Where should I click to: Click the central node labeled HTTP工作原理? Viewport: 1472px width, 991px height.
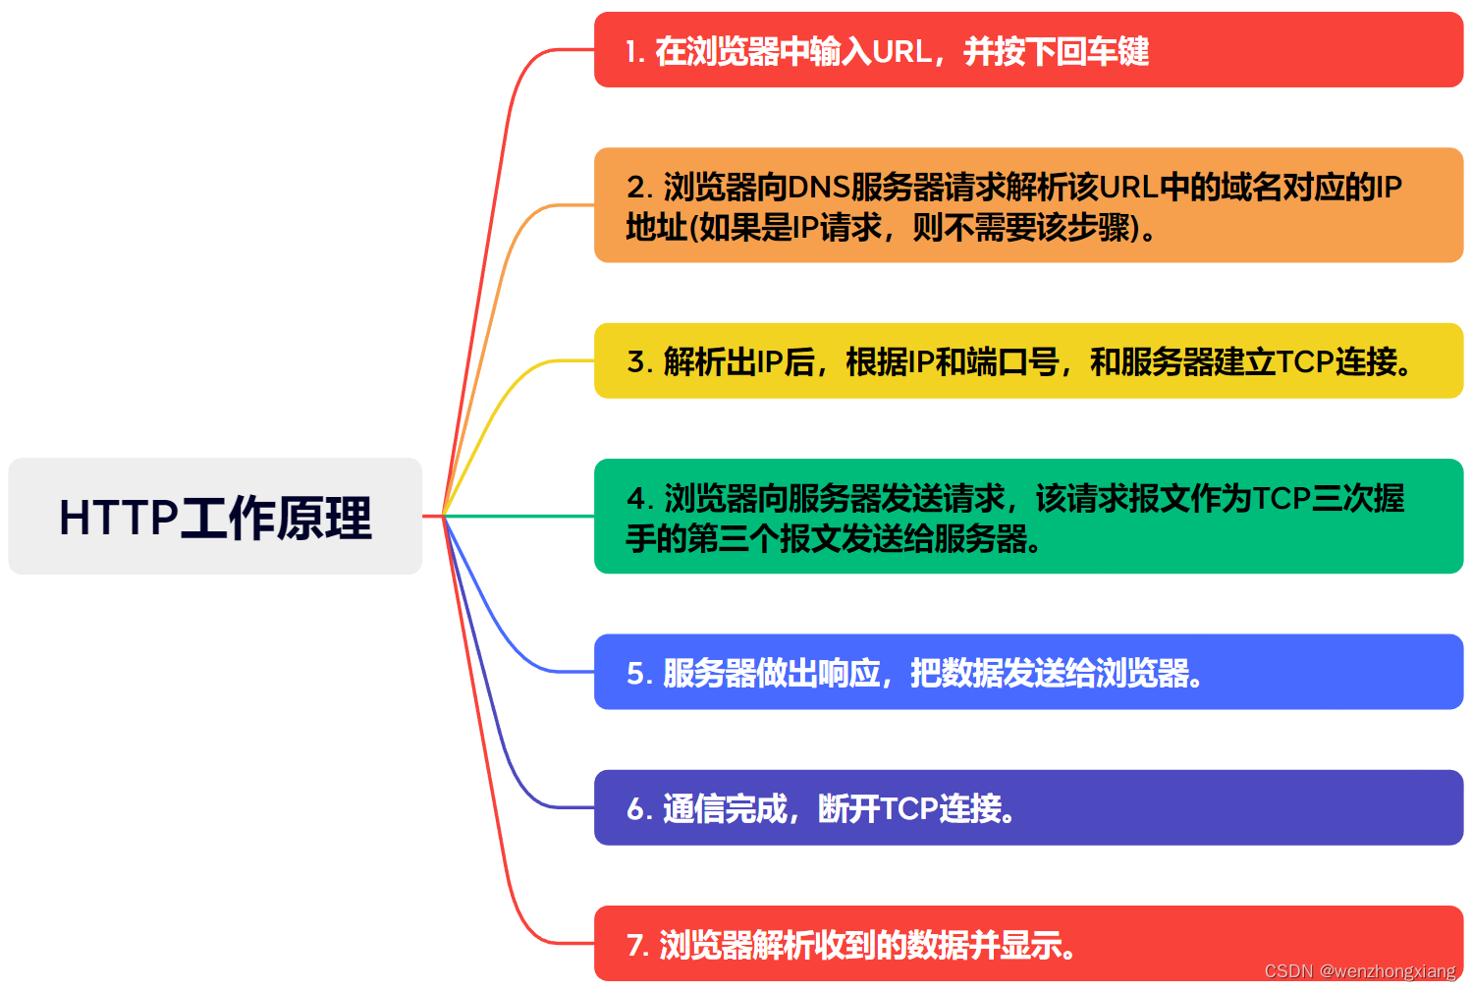[215, 516]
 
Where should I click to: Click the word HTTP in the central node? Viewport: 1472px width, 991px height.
[119, 518]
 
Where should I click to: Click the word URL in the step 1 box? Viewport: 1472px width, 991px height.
[901, 51]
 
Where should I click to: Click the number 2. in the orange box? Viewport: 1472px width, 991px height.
[639, 187]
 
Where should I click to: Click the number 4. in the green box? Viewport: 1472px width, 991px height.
[639, 498]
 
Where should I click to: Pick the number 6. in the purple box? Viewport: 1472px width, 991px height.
[639, 808]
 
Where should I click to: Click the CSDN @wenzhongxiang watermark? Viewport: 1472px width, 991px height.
[1360, 971]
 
